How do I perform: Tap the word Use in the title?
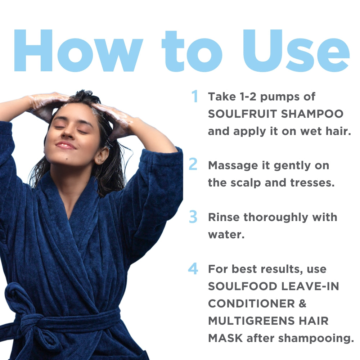pyautogui.click(x=296, y=50)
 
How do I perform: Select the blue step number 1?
pyautogui.click(x=195, y=96)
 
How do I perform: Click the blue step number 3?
pyautogui.click(x=193, y=217)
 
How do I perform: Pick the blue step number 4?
pyautogui.click(x=193, y=269)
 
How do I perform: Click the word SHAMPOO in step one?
pyautogui.click(x=312, y=114)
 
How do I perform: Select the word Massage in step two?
pyautogui.click(x=233, y=166)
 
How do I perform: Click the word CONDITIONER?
pyautogui.click(x=251, y=303)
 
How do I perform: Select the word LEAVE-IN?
pyautogui.click(x=310, y=286)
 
